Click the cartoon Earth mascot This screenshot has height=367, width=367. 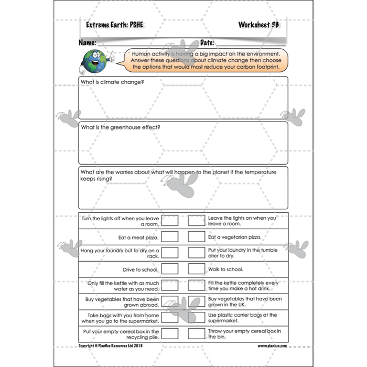click(x=94, y=61)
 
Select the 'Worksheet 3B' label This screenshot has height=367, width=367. click(x=258, y=25)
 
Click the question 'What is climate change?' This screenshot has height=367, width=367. click(x=112, y=82)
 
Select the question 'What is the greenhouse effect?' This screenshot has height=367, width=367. click(x=120, y=127)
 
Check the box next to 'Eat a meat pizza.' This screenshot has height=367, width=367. click(x=170, y=236)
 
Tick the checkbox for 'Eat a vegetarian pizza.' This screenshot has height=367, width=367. click(x=196, y=236)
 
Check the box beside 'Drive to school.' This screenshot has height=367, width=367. click(x=170, y=269)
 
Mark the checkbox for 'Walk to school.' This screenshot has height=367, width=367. click(x=196, y=269)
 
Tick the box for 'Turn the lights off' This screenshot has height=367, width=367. click(x=170, y=220)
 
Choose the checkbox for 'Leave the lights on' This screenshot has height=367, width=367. click(x=196, y=220)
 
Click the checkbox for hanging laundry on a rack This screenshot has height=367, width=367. click(x=170, y=253)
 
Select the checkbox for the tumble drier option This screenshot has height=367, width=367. click(x=196, y=253)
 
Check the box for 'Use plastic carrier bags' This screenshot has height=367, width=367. click(x=196, y=318)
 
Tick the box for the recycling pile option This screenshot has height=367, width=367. click(x=170, y=334)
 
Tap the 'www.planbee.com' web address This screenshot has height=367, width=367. click(x=271, y=347)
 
